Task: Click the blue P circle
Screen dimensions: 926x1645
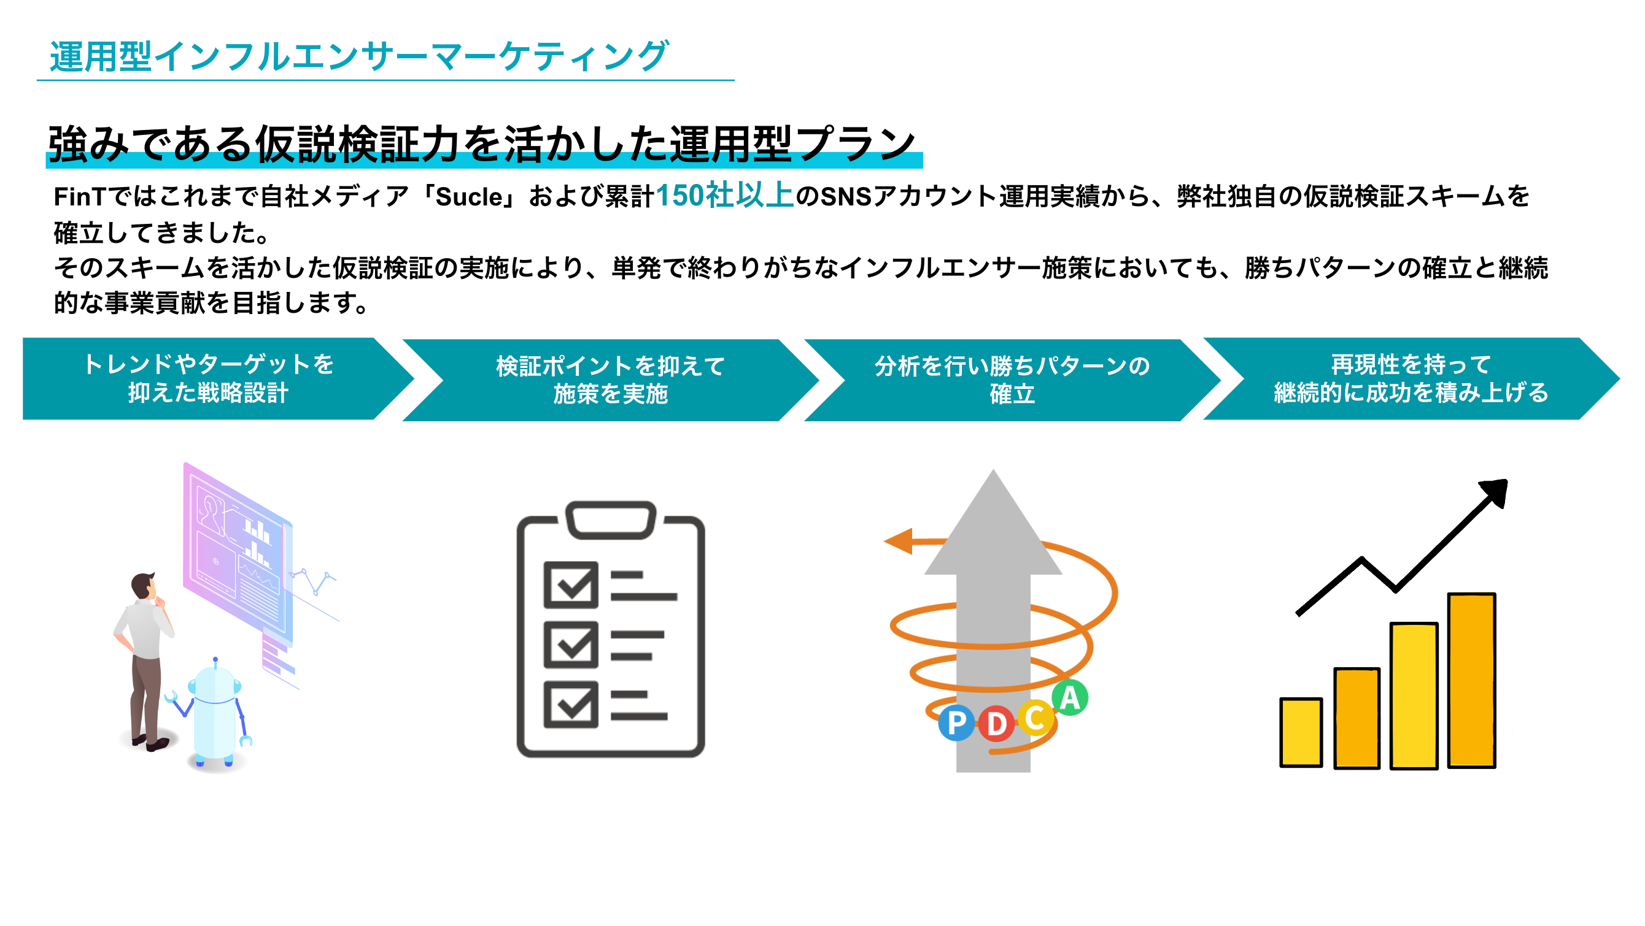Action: pos(956,723)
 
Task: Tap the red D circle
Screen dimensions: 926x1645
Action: pos(996,724)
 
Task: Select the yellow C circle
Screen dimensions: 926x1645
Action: pos(1034,717)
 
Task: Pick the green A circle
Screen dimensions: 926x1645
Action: pos(1070,697)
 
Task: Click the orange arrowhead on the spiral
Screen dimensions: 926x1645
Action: pos(899,541)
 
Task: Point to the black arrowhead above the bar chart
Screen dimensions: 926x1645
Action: pos(1496,492)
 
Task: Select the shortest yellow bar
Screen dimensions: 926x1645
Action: pos(1301,732)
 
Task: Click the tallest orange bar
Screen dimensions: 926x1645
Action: pos(1471,680)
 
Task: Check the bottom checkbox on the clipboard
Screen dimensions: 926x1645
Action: pos(570,705)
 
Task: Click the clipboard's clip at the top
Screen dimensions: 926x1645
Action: pos(611,519)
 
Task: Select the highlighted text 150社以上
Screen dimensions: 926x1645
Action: pos(724,195)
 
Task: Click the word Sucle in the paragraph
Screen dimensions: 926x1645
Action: pos(469,197)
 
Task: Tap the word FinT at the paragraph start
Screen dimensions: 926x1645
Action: pos(79,197)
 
